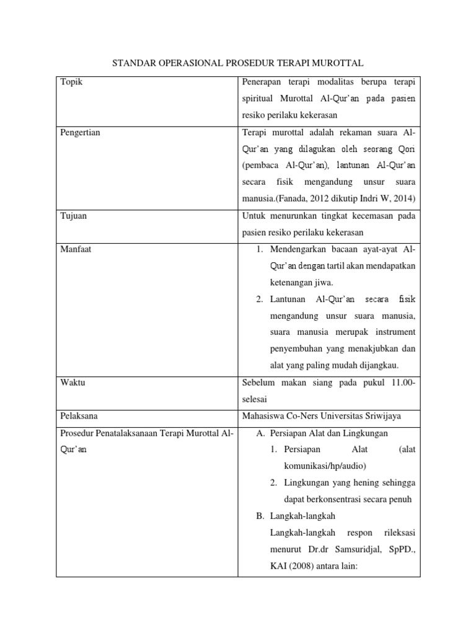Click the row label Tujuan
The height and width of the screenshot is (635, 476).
73,216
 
